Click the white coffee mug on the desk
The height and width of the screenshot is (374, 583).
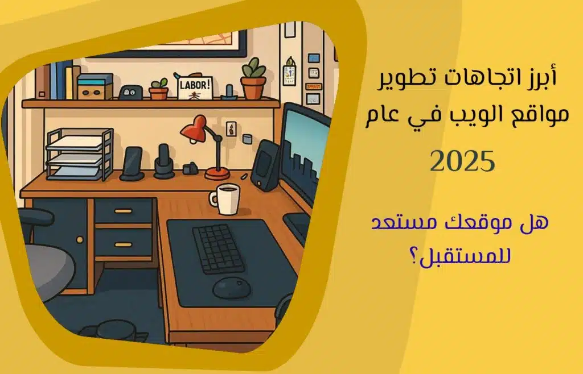225,199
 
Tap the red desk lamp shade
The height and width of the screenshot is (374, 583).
194,129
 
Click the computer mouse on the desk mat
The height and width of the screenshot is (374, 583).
232,288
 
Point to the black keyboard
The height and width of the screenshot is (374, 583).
218,248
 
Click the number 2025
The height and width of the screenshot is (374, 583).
462,161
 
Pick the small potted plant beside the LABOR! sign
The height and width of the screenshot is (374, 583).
159,89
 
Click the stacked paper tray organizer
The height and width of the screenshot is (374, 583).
80,154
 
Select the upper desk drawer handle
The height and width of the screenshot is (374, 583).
124,211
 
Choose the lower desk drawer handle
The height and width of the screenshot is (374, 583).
124,245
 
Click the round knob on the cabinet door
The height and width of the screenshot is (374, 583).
80,240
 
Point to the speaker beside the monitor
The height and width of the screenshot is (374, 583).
265,165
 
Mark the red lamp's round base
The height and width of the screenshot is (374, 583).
217,173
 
